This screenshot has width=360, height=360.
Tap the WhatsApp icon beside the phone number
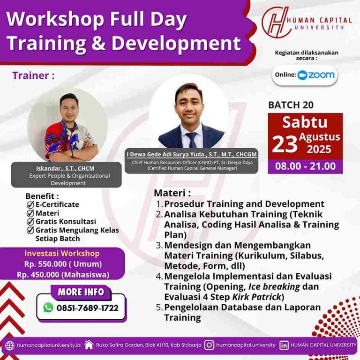click(48, 307)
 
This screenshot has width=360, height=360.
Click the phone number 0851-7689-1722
click(87, 308)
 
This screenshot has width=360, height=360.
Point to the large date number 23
click(285, 145)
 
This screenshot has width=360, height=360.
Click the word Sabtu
click(305, 122)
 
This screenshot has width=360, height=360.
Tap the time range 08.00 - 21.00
click(305, 166)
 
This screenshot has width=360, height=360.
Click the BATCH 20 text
click(291, 105)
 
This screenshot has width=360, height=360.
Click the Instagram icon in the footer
click(210, 345)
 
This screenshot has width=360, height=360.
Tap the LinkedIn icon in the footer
click(284, 345)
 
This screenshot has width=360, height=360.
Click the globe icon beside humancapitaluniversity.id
click(9, 345)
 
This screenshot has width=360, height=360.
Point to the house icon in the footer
click(89, 345)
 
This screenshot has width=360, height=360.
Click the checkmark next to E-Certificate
click(30, 205)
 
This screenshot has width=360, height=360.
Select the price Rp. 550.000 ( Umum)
click(63, 264)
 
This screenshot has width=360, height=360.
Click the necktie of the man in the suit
click(191, 140)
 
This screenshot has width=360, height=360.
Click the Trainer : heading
click(33, 75)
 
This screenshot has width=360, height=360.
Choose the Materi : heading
click(172, 193)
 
